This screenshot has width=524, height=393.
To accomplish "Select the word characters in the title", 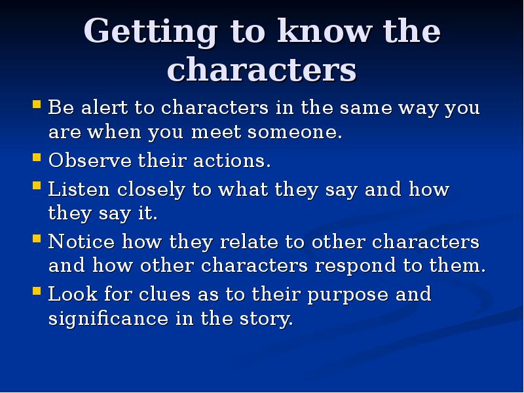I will click(262, 71).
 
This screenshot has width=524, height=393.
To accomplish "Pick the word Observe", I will click(83, 160).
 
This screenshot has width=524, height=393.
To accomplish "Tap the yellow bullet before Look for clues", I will click(37, 291).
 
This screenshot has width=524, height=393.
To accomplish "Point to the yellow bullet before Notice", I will click(37, 239).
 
